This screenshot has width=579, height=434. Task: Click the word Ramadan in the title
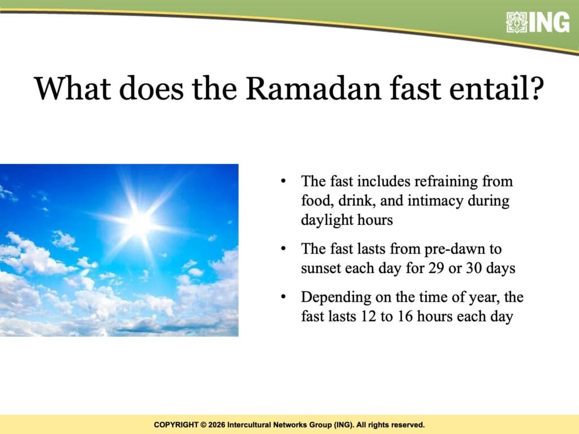coord(313,89)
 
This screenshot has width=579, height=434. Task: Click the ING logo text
coord(550,22)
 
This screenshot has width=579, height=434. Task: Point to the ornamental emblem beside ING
coord(517,22)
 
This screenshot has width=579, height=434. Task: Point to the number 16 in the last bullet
coord(405,316)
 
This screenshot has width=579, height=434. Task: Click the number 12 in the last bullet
coord(368,316)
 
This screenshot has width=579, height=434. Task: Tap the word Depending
coord(336,298)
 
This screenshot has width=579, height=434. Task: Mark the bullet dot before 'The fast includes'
coord(283,181)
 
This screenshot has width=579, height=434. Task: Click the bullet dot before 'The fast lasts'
coord(283,249)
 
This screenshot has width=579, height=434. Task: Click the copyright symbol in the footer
coord(203,425)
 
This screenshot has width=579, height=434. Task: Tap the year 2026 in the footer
coord(217,425)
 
